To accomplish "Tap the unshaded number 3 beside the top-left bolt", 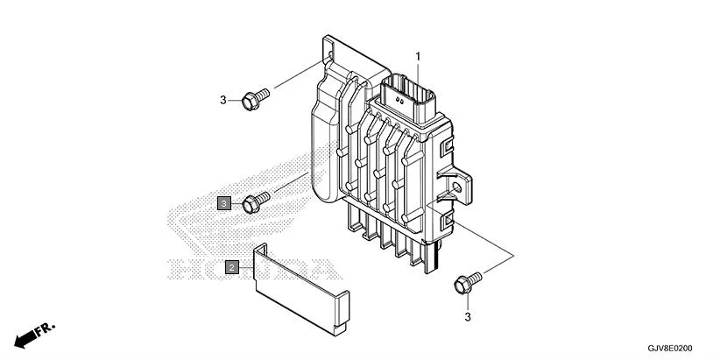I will tap(222, 100).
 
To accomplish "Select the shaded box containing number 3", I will tap(224, 203).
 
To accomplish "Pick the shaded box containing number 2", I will tap(231, 266).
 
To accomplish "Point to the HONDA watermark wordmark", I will tap(254, 265).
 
